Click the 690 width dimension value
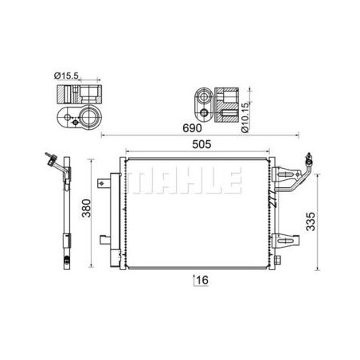click(x=192, y=128)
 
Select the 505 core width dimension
click(x=202, y=144)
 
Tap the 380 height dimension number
click(x=87, y=208)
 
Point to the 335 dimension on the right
click(x=311, y=221)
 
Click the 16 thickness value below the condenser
click(x=202, y=280)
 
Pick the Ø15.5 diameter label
click(x=66, y=76)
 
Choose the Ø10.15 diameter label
click(x=245, y=117)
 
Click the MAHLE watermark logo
click(x=185, y=180)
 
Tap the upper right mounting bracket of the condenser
click(x=287, y=174)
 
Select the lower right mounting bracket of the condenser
click(x=288, y=241)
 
